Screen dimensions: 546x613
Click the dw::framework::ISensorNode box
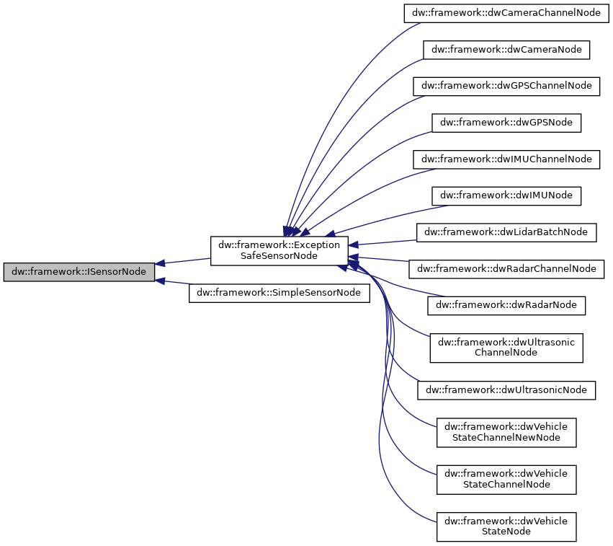click(x=79, y=272)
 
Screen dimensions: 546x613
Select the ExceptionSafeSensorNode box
click(x=279, y=250)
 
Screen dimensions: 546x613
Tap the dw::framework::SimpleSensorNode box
click(x=279, y=293)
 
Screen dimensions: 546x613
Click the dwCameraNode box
click(x=506, y=49)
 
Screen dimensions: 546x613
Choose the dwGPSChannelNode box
click(x=506, y=85)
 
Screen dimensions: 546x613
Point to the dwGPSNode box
click(x=506, y=122)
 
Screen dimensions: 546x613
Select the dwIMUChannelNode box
click(x=506, y=159)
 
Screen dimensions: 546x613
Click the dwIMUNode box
click(x=506, y=195)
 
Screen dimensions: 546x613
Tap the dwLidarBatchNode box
click(x=506, y=232)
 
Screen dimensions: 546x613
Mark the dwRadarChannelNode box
click(x=506, y=268)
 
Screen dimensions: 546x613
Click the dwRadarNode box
click(x=506, y=304)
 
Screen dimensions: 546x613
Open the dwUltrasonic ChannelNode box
click(x=506, y=348)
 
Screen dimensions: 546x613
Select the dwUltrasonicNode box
click(x=506, y=389)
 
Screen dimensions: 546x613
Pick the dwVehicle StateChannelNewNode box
click(x=506, y=432)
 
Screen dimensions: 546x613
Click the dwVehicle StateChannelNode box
click(x=506, y=479)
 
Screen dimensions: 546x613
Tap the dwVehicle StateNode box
click(x=506, y=526)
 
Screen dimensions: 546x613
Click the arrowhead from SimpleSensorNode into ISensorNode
click(x=161, y=281)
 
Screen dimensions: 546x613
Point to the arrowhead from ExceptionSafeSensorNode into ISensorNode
click(x=161, y=263)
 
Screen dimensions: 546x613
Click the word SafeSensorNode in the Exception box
click(x=279, y=256)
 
